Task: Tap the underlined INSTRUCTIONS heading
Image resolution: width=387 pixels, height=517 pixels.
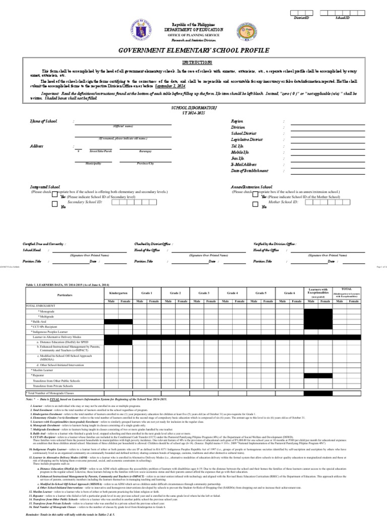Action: (x=193, y=63)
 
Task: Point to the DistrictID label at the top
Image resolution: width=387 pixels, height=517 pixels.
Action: (x=301, y=18)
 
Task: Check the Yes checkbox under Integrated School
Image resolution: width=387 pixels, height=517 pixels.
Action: (x=55, y=197)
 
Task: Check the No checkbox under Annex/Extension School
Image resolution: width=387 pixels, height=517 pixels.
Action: (x=255, y=205)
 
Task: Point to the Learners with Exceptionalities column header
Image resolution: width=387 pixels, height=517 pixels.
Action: (x=318, y=292)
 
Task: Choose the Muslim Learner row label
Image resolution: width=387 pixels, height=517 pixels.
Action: (x=44, y=370)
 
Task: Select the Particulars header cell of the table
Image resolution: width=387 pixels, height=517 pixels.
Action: (x=64, y=294)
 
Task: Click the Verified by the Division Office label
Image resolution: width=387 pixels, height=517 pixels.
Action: (x=275, y=243)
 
